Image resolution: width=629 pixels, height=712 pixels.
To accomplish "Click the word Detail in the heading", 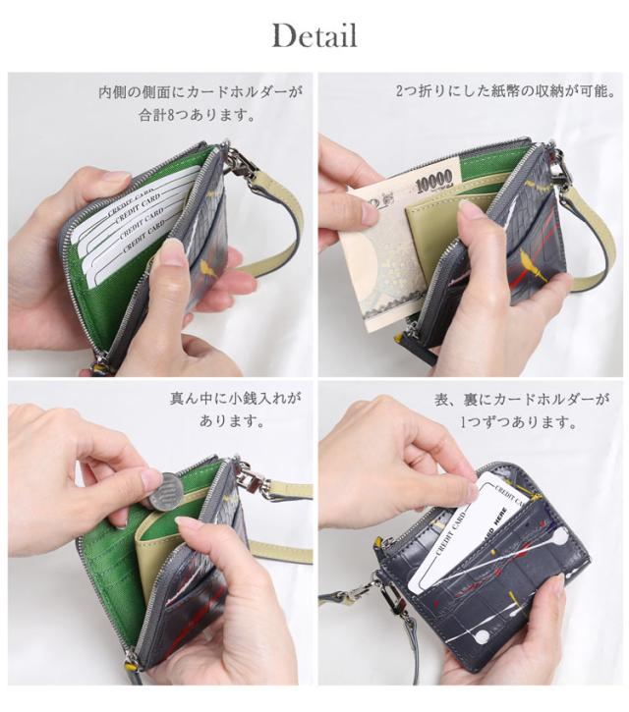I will [x=314, y=36].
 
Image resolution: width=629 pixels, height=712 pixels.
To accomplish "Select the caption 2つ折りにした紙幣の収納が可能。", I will [x=505, y=92].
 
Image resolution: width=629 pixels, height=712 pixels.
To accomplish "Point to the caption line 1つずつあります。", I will [x=519, y=424].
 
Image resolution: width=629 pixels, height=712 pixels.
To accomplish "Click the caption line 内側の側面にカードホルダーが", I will [x=200, y=92].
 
